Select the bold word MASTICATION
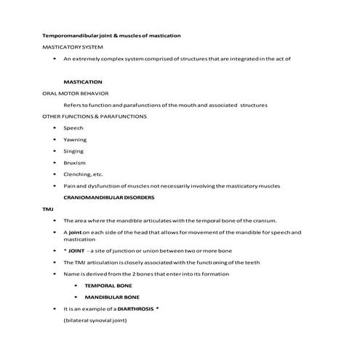(83, 82)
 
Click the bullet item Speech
(73, 128)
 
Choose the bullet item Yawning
(75, 140)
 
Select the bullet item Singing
(73, 151)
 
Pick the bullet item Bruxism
(75, 163)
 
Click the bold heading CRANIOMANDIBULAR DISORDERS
(108, 197)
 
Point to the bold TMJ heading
(47, 209)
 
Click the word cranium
(273, 220)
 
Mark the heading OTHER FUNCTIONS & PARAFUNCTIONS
(95, 116)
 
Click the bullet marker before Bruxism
(55, 163)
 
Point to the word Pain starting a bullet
(70, 186)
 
